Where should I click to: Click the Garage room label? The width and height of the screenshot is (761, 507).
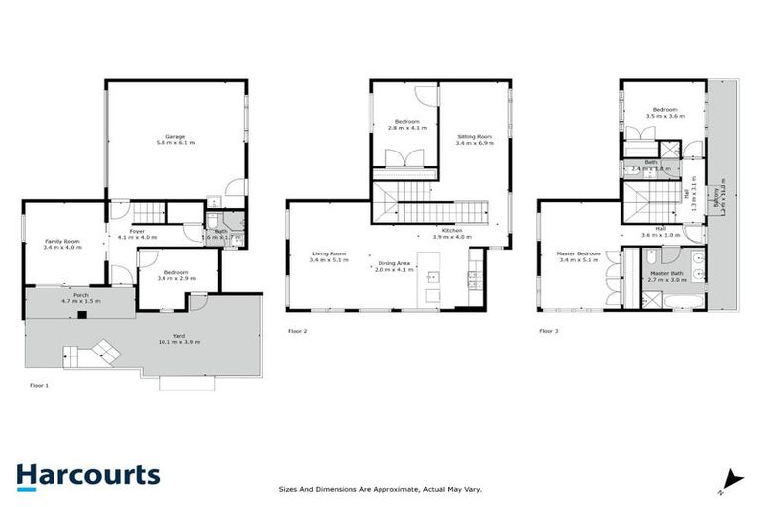tap(175, 136)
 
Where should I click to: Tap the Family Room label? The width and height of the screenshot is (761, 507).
tap(61, 242)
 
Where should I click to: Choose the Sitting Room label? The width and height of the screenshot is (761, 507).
tap(474, 136)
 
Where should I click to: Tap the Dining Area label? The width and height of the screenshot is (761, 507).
tap(394, 263)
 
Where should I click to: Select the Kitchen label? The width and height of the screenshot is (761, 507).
tap(452, 231)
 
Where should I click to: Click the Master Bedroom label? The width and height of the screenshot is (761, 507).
tap(580, 254)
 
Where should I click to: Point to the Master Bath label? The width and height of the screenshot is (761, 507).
tap(665, 272)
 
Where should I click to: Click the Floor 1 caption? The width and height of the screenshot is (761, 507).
tap(39, 384)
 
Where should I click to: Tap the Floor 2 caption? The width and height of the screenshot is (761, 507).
tap(298, 331)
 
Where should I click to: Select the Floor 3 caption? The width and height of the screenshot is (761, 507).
tap(548, 331)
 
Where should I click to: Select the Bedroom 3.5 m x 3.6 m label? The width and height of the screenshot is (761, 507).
tap(665, 110)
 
